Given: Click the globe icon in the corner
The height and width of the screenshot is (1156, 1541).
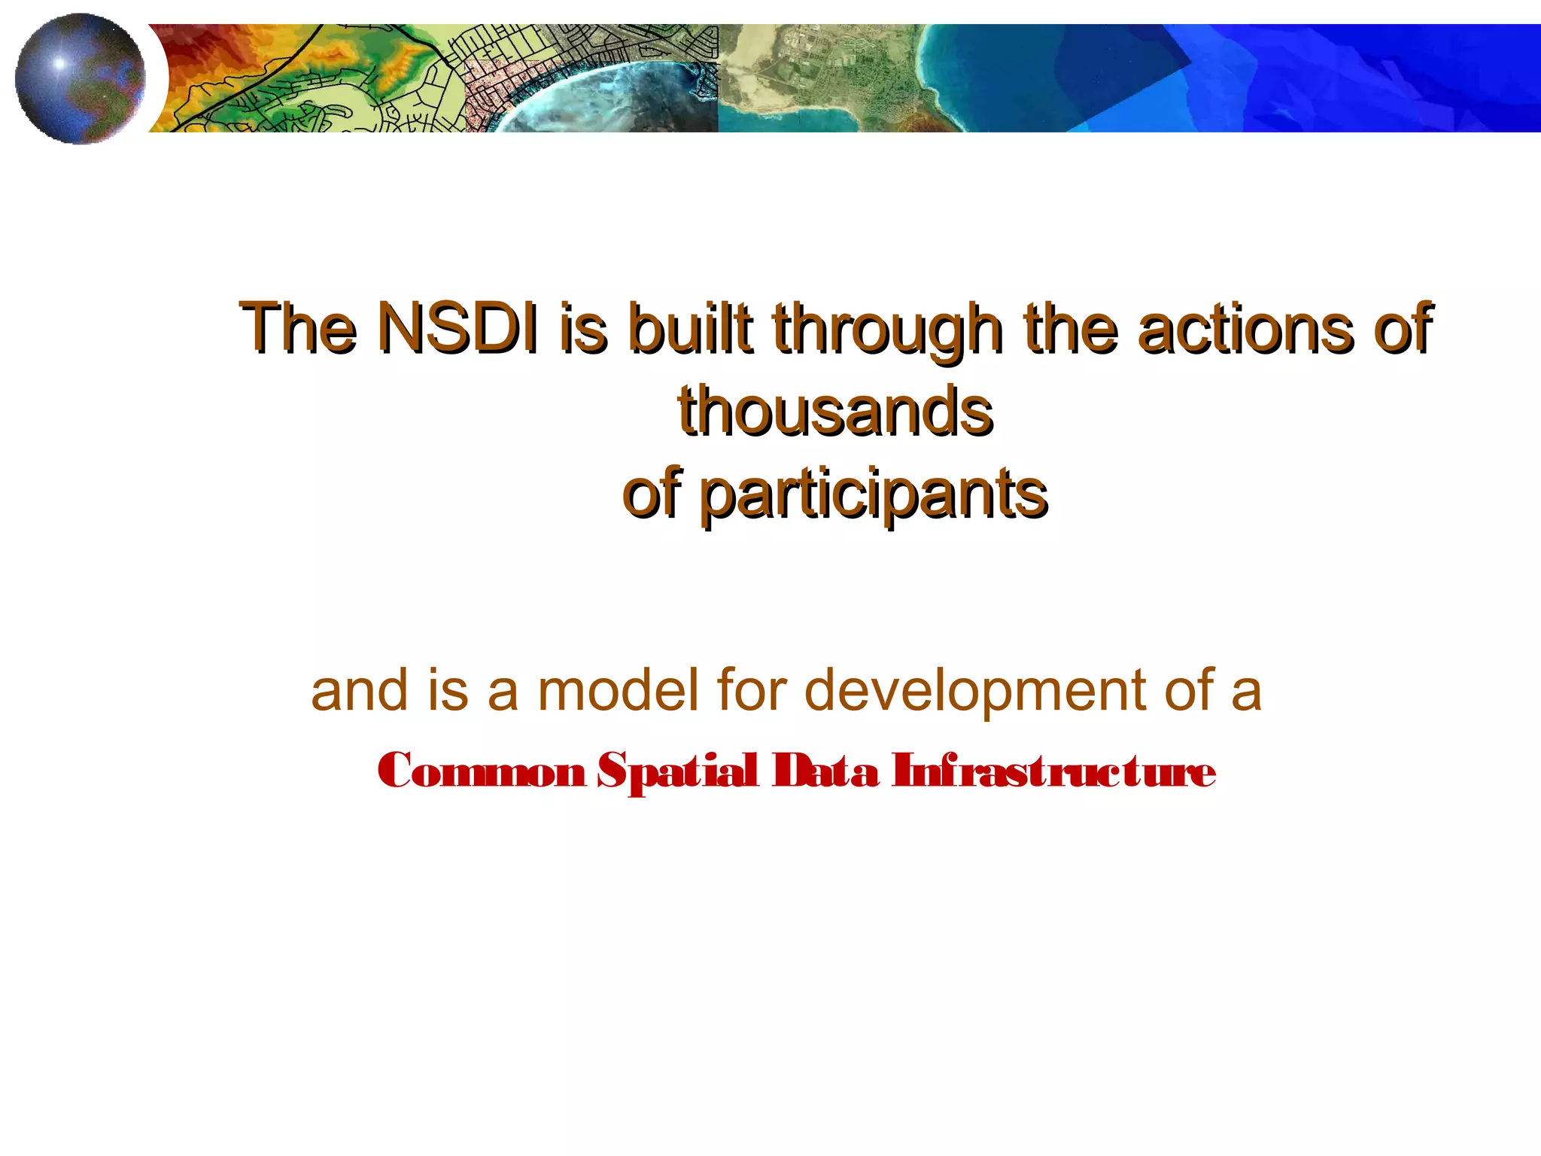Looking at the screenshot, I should tap(79, 78).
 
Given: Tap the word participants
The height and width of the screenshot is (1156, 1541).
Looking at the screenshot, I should tap(873, 495).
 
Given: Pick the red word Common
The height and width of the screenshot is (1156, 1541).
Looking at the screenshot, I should tap(482, 771).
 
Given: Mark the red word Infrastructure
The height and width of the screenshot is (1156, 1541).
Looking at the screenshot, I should tap(1053, 771).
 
